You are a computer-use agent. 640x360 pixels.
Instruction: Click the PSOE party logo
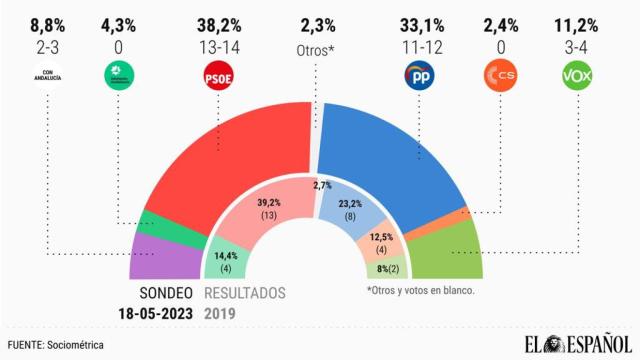click(x=217, y=74)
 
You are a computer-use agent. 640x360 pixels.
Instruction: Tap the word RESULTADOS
click(x=244, y=293)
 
